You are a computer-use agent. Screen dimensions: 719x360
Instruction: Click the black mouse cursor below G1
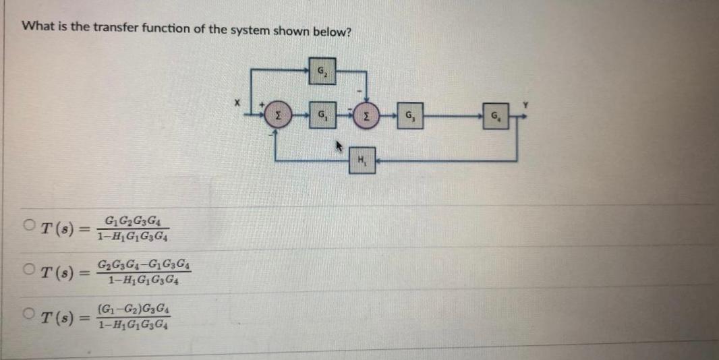[339, 144]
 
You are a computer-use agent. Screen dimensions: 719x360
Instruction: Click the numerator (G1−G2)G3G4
[134, 312]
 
